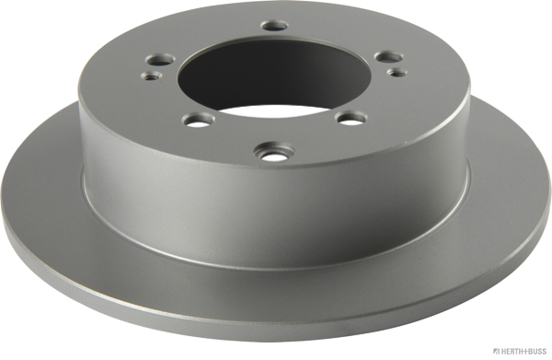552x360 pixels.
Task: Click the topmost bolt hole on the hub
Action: (x=274, y=26)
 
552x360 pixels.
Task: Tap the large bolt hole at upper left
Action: (x=160, y=59)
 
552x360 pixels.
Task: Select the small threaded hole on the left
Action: (x=152, y=75)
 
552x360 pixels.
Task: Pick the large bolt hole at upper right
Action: (x=389, y=56)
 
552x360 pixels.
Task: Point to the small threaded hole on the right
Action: (x=397, y=72)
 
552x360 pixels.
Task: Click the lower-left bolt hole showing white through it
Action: (x=200, y=121)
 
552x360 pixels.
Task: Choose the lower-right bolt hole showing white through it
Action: (x=351, y=119)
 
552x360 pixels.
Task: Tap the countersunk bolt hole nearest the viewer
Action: (x=274, y=153)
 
